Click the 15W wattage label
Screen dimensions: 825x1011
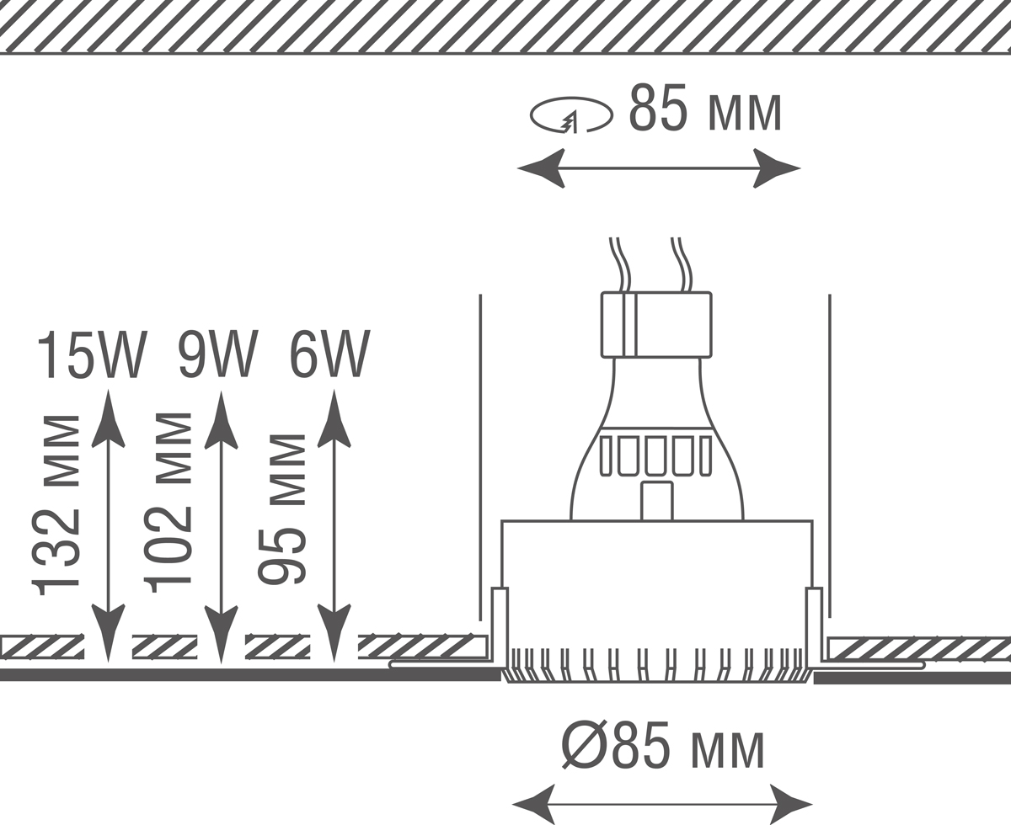pyautogui.click(x=92, y=354)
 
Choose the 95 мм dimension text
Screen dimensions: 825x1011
pyautogui.click(x=282, y=509)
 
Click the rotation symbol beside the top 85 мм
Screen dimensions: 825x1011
pyautogui.click(x=570, y=115)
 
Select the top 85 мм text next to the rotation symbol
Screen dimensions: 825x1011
pyautogui.click(x=706, y=109)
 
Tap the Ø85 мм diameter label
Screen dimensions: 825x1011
pyautogui.click(x=664, y=746)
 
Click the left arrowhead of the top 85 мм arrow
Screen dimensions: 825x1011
pyautogui.click(x=541, y=168)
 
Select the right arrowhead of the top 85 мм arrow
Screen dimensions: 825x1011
pyautogui.click(x=776, y=168)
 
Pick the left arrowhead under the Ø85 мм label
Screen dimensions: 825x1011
pyautogui.click(x=534, y=804)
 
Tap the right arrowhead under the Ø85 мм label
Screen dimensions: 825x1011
pyautogui.click(x=789, y=804)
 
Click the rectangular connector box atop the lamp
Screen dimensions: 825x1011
pyautogui.click(x=656, y=325)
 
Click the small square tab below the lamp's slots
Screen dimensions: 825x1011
pyautogui.click(x=656, y=501)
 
